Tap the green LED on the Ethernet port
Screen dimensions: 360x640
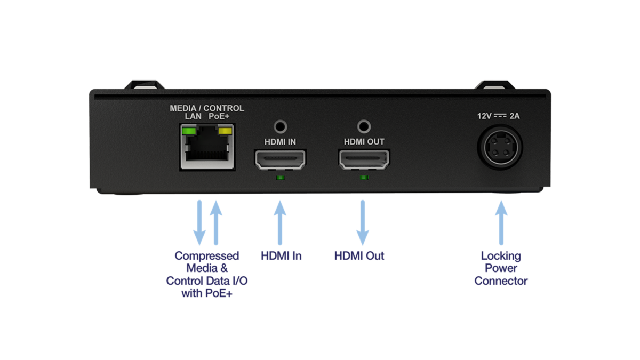tap(187, 131)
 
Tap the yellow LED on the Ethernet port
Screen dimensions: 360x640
tap(226, 131)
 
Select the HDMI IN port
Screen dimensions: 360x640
tap(281, 159)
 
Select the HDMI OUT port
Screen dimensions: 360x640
tap(364, 159)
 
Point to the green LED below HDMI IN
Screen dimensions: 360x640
tap(281, 177)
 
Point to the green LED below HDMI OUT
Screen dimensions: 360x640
tap(364, 177)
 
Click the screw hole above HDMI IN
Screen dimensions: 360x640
tap(281, 127)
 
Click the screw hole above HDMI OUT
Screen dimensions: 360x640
tap(364, 127)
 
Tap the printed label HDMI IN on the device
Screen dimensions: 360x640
tap(281, 142)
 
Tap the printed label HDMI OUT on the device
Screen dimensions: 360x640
tap(364, 142)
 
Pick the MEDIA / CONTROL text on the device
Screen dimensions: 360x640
tap(207, 108)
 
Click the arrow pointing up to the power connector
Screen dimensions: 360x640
tap(501, 222)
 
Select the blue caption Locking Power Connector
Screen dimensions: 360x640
tap(501, 268)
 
